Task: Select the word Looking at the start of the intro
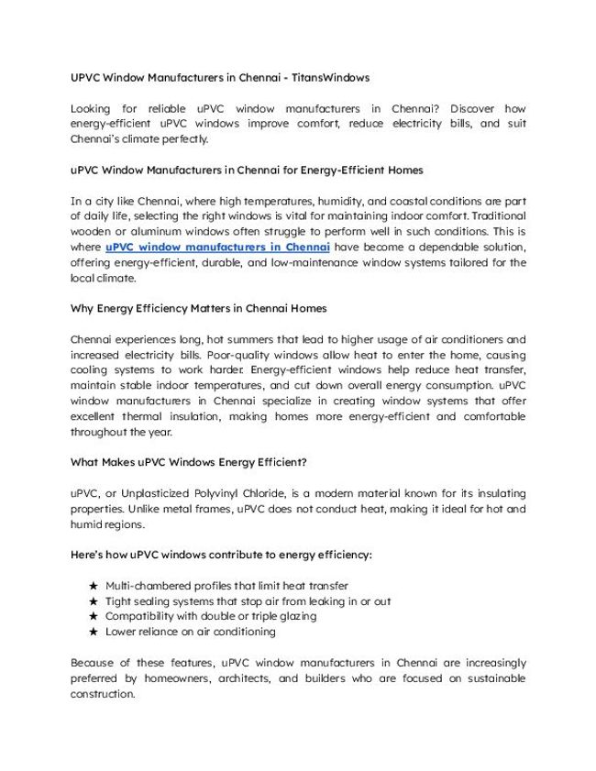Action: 94,108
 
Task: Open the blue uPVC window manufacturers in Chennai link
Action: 217,248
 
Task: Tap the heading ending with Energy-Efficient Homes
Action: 247,171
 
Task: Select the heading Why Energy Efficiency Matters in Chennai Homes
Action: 198,309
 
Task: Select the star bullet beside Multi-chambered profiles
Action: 93,586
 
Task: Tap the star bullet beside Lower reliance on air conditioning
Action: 93,633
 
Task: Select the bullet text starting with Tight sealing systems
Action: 248,601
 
